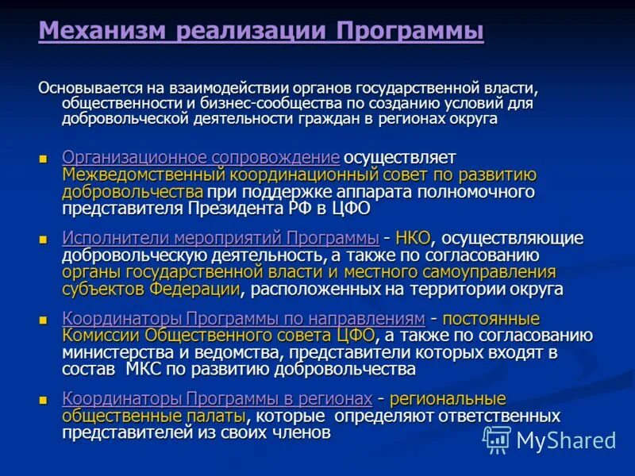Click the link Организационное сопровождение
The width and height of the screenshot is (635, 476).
(x=201, y=157)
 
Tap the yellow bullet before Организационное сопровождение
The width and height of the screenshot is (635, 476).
(x=44, y=158)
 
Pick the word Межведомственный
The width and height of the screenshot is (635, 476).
(x=145, y=175)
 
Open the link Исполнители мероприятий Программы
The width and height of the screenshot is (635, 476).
(x=220, y=238)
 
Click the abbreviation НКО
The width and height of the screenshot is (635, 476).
(x=414, y=238)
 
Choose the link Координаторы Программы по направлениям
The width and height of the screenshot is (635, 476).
(x=244, y=319)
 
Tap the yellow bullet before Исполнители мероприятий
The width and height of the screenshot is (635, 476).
(x=44, y=239)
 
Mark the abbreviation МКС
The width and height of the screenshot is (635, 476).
(x=145, y=370)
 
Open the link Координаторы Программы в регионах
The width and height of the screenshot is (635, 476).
(x=217, y=398)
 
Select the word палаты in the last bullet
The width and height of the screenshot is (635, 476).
(x=214, y=416)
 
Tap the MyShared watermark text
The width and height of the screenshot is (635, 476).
(x=566, y=440)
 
